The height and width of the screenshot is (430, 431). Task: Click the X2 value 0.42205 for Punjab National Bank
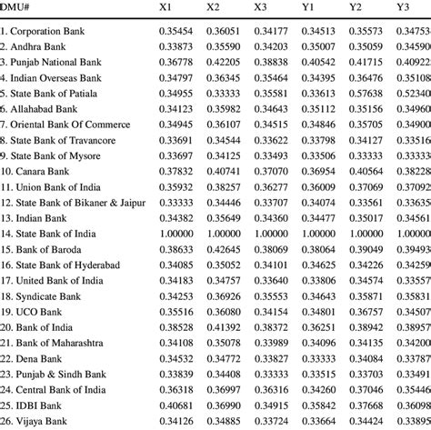[225, 63]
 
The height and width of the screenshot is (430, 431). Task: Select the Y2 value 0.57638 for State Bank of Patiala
[368, 94]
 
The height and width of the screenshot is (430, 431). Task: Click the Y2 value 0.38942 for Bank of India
[368, 328]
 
